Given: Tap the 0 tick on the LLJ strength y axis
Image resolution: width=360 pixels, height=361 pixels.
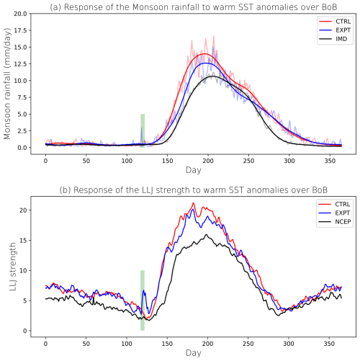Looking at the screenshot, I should pos(29,331).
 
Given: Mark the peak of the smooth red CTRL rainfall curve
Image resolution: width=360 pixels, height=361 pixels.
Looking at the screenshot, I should pos(206,54).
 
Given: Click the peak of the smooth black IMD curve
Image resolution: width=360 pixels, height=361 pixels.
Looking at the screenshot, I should pos(214,76).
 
